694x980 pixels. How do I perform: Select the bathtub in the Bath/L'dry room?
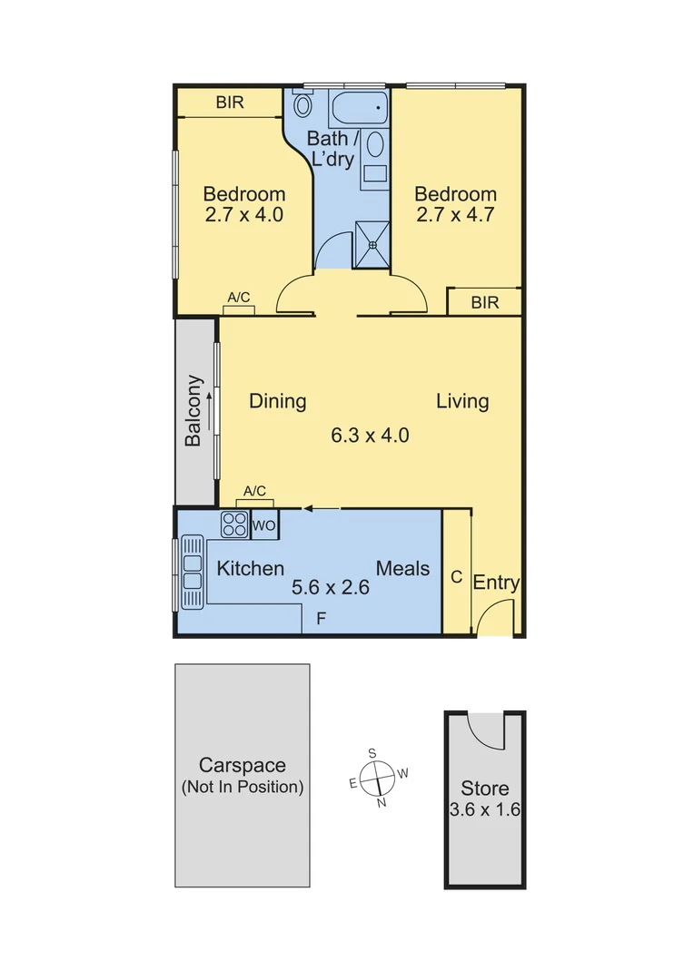[359, 111]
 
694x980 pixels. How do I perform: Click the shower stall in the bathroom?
[372, 244]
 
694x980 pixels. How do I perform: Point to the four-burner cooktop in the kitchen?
[234, 525]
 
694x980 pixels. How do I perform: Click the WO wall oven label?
[264, 525]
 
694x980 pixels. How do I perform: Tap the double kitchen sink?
[192, 573]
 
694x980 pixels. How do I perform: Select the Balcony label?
[193, 411]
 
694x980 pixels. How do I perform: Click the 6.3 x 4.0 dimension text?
[370, 435]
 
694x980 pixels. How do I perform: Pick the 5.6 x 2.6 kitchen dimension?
[330, 587]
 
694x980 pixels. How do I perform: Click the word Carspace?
[243, 764]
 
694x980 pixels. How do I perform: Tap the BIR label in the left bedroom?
[230, 103]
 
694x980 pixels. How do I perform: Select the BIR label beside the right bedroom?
[485, 303]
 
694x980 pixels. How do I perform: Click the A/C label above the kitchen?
[254, 491]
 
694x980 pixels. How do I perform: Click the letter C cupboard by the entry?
[456, 577]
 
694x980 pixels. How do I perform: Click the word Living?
[462, 400]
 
